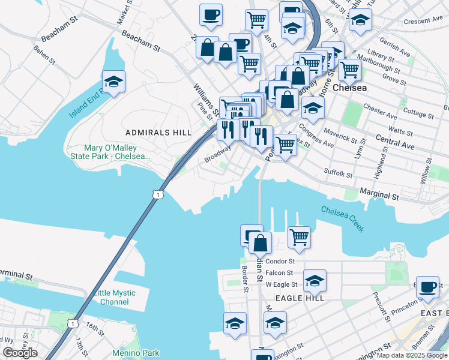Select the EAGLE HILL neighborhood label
coord(300,298)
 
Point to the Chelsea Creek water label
coord(342,218)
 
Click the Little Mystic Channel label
coord(115,298)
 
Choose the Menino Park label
coord(136,353)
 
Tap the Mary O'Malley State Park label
coord(110,152)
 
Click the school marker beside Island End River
coord(113,82)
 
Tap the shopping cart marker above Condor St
coord(299,236)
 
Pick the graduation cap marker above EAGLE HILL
coord(315,280)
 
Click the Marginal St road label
coord(379,194)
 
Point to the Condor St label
coord(280,262)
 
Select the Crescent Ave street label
coord(423,20)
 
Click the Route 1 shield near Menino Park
coord(73,323)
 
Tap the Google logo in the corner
coord(20,353)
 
